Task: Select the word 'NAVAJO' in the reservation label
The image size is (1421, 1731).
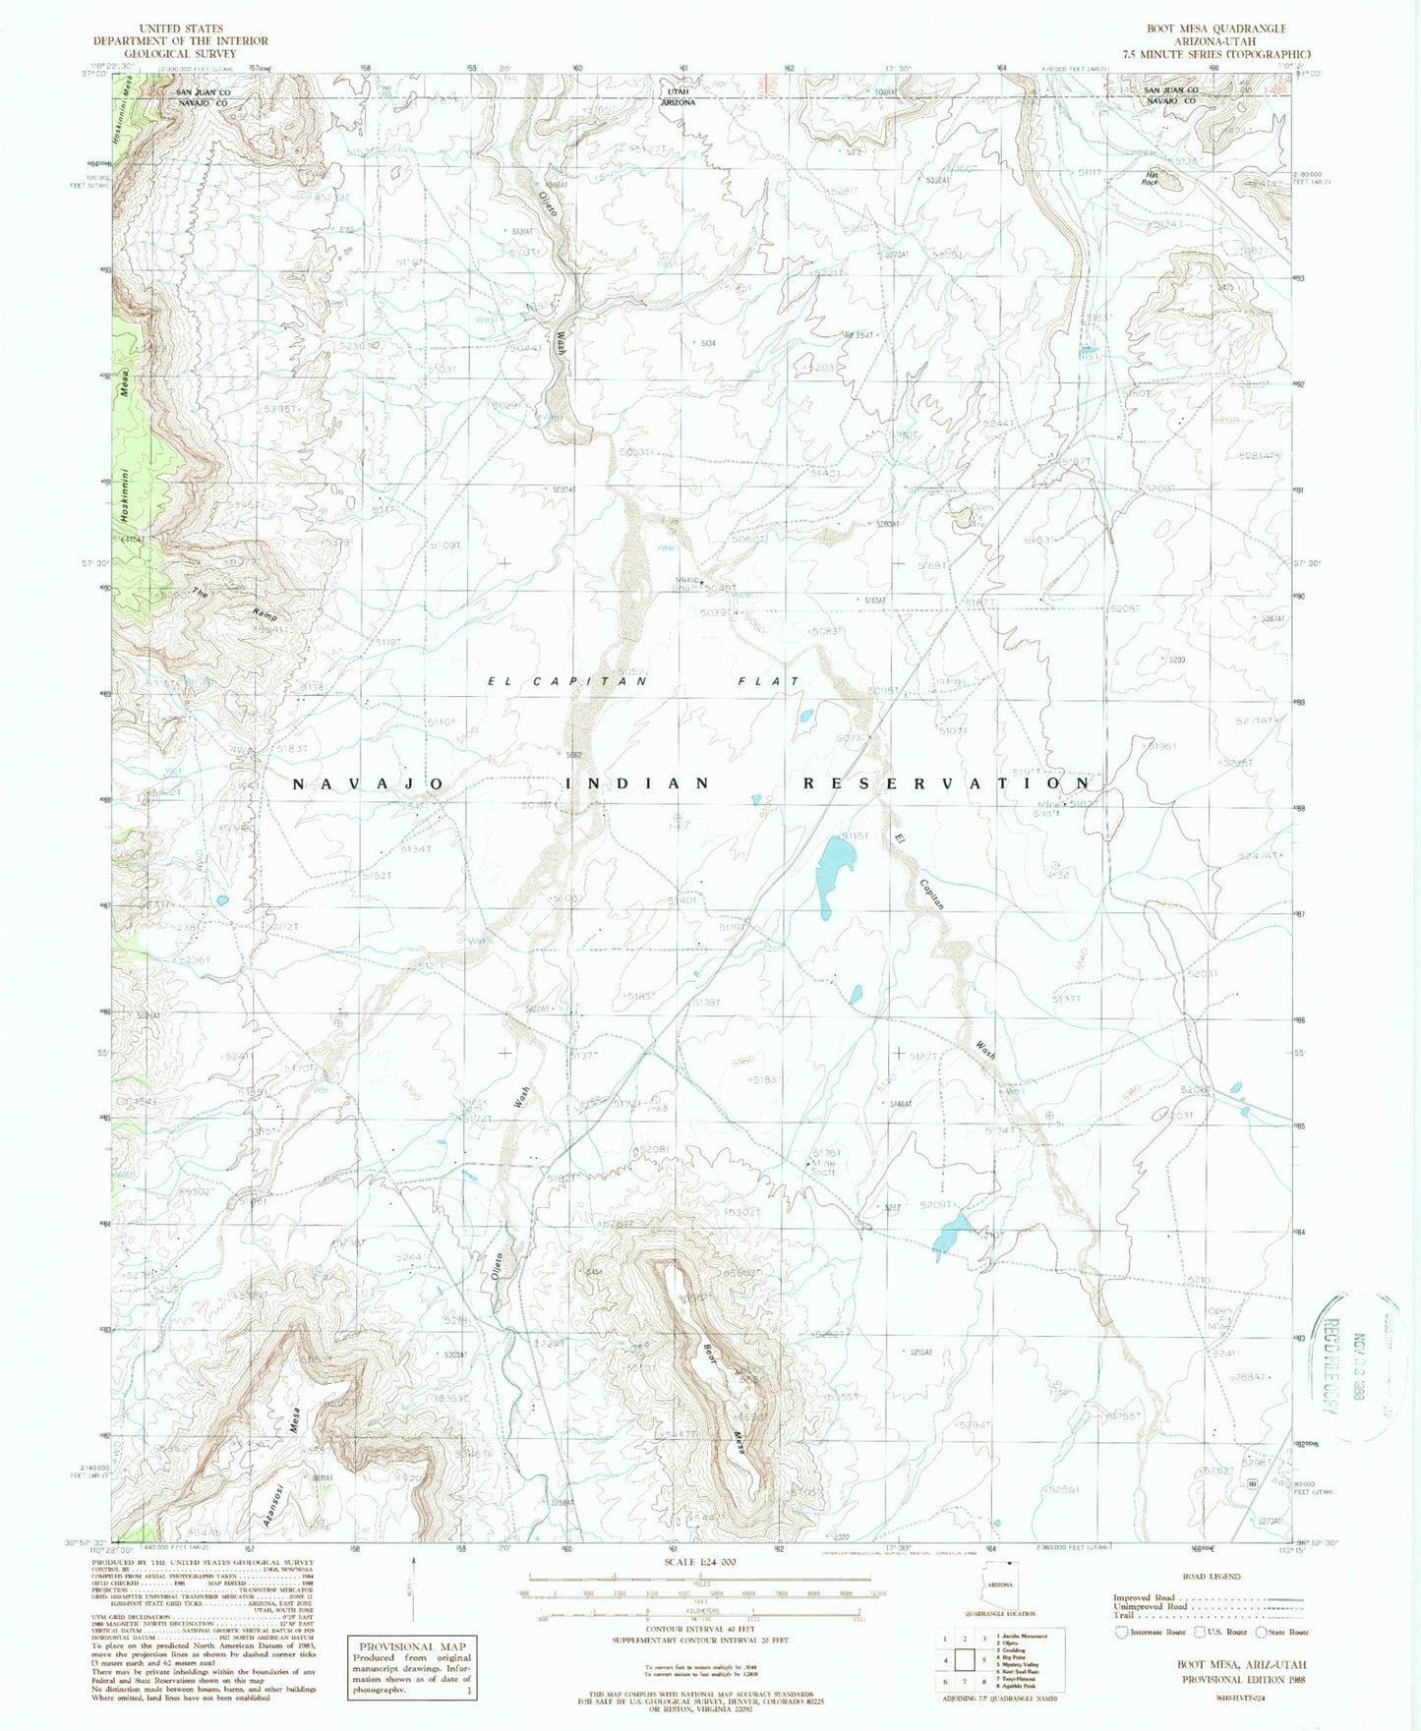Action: coord(369,783)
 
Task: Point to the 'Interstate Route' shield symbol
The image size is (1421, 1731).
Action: coord(1121,1632)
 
